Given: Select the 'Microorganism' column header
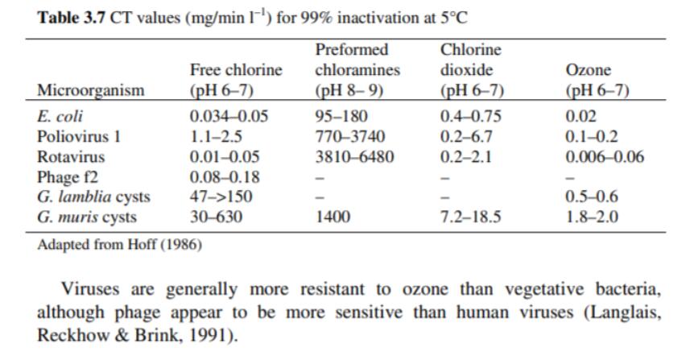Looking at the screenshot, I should coord(90,90).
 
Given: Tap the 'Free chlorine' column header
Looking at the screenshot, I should coord(236,70).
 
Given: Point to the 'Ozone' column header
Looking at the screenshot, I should coord(589,70).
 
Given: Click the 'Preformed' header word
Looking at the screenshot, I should coord(352,50).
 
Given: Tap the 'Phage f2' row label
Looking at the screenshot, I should coord(68,176).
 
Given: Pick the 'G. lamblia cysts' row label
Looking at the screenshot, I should coord(93,197).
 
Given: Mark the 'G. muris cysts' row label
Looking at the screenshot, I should coord(87,217).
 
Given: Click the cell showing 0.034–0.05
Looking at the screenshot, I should coord(229,116).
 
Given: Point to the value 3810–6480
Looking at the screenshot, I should coord(354,156).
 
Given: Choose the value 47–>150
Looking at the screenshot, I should coord(220,197).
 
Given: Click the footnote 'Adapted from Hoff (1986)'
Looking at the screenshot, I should coord(119,245).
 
